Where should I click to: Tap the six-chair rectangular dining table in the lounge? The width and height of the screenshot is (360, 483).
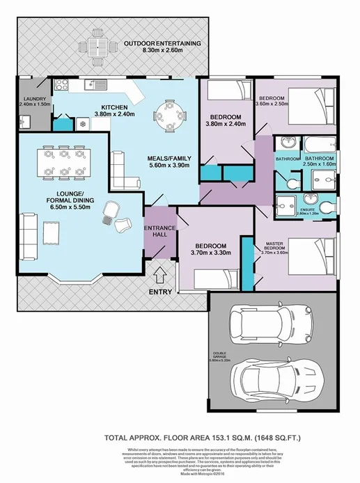click(x=64, y=161)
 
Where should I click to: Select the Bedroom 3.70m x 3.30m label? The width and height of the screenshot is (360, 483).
click(x=209, y=251)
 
